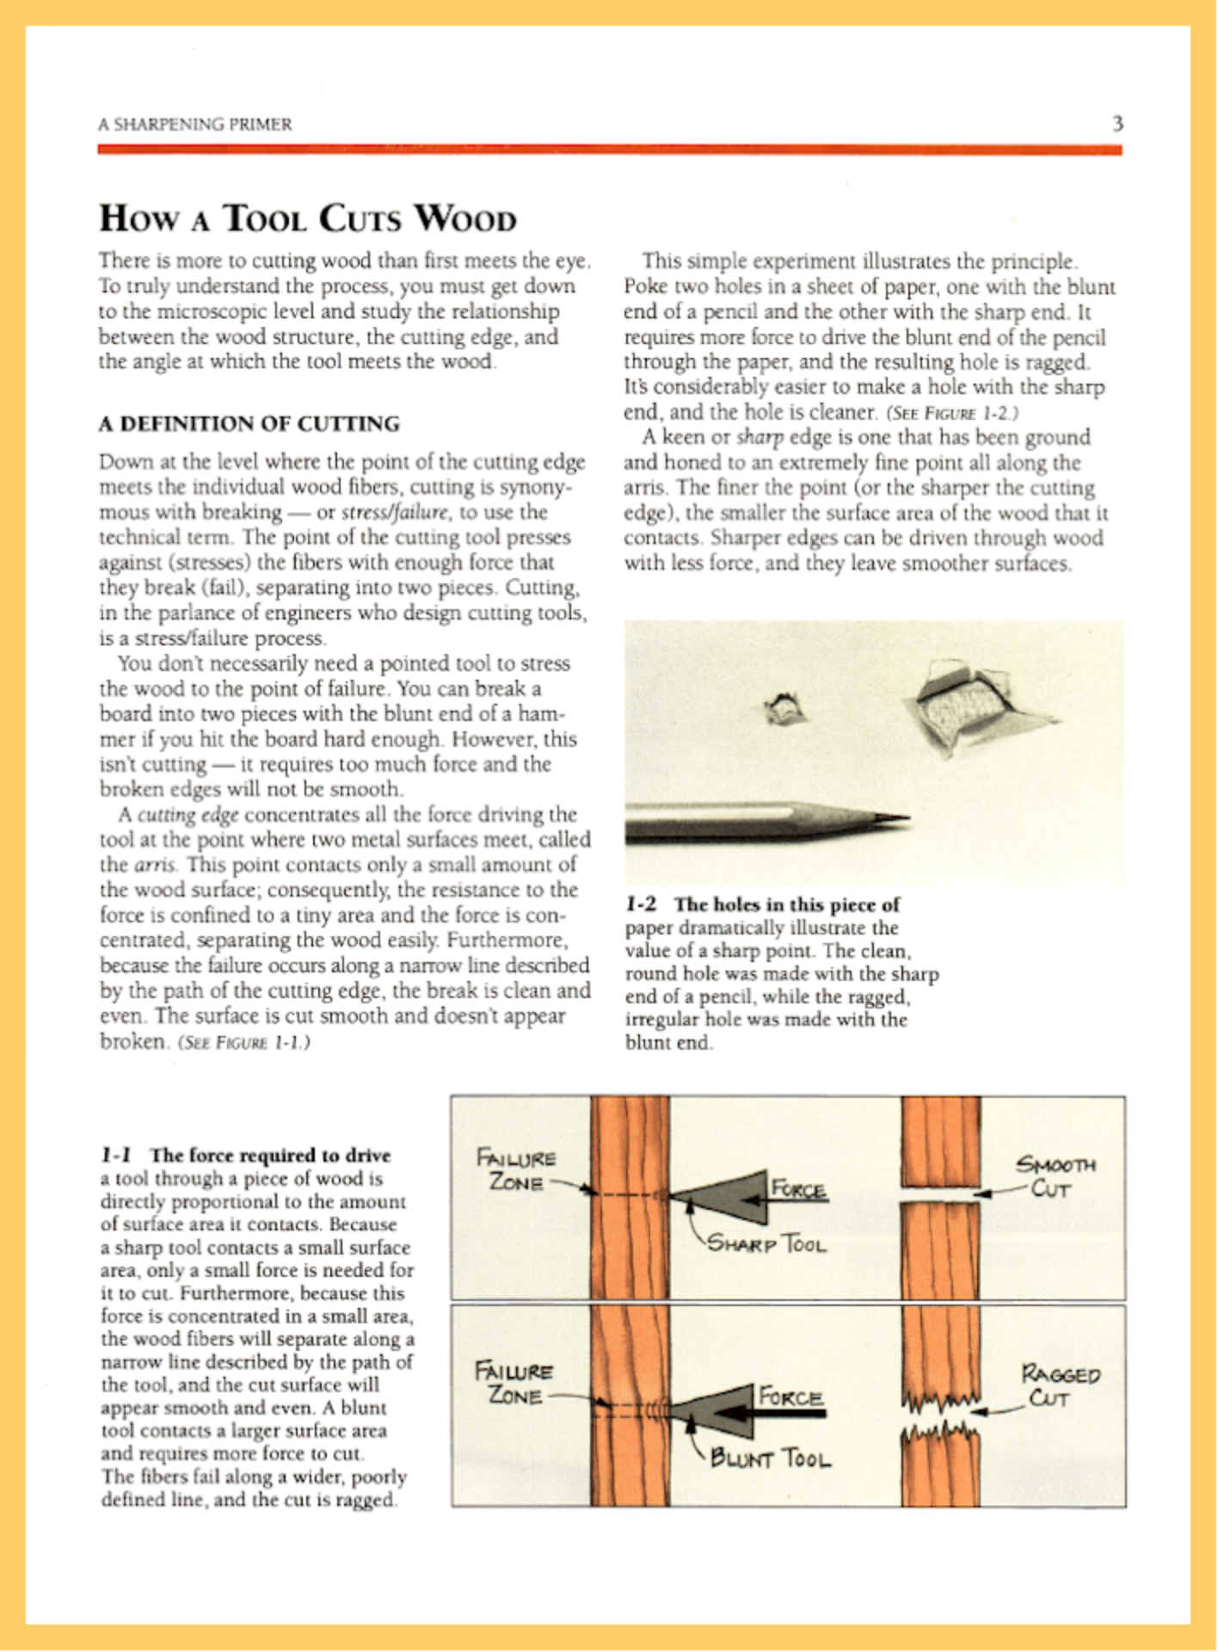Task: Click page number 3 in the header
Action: tap(1117, 124)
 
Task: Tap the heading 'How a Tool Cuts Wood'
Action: tap(308, 219)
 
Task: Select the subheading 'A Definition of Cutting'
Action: tap(249, 424)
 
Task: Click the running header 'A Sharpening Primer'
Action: tap(194, 125)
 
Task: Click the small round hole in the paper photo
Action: tap(784, 709)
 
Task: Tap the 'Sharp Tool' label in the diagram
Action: tap(766, 1244)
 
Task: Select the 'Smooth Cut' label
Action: tap(1055, 1177)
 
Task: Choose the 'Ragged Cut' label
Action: tap(1060, 1384)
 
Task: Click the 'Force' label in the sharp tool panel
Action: tap(799, 1190)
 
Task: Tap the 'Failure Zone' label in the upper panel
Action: tap(517, 1169)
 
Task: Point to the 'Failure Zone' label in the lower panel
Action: tap(514, 1381)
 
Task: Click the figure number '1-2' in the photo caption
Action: tap(641, 904)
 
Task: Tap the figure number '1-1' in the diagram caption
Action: tap(116, 1155)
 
